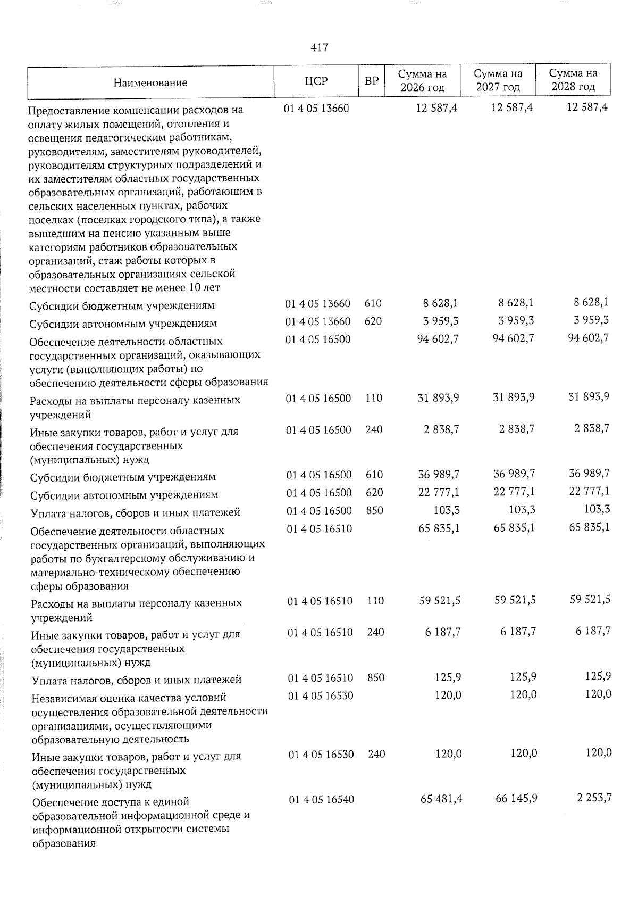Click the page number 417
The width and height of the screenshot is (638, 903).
tap(319, 47)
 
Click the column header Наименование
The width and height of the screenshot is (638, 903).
tap(150, 82)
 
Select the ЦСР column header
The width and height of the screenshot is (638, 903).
tap(316, 81)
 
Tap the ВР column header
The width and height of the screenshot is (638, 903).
tap(372, 81)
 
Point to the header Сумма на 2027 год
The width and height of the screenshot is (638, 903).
tap(498, 80)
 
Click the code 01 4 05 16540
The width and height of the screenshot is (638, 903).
tap(322, 800)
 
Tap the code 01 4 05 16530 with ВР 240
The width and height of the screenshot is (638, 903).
tap(321, 754)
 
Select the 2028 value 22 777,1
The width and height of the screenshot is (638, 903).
tap(590, 491)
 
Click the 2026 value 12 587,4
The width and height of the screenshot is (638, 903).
tap(436, 108)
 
